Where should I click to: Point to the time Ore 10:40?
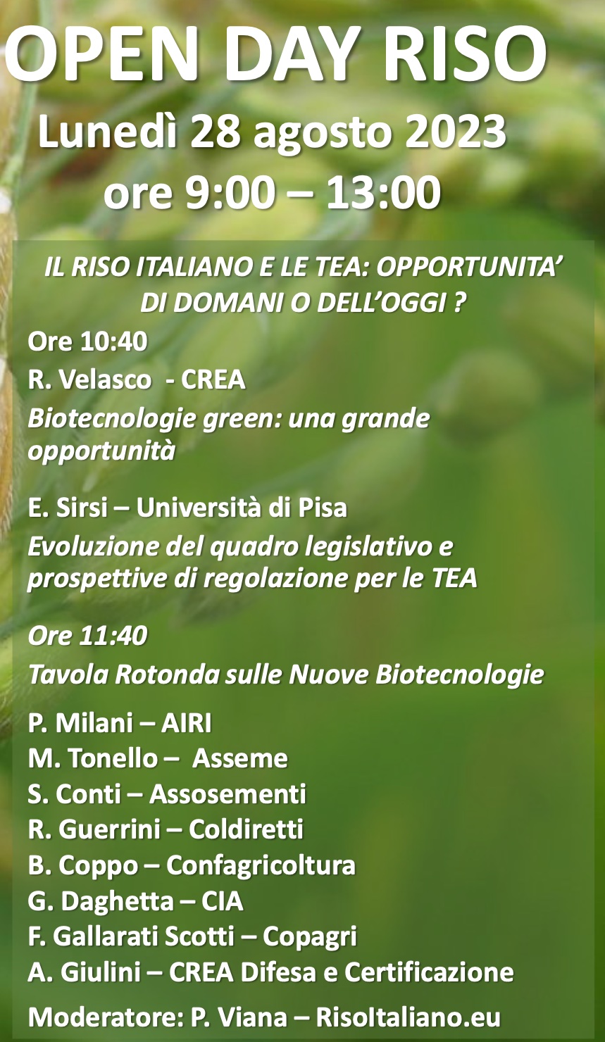click(87, 341)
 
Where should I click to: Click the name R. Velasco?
click(90, 380)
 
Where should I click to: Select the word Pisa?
click(323, 508)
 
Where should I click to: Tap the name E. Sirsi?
click(68, 508)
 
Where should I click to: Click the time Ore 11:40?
click(87, 636)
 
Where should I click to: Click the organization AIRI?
click(186, 723)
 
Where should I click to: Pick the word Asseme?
click(240, 759)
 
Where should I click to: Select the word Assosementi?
click(228, 794)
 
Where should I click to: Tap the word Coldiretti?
click(247, 829)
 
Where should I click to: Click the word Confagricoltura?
click(261, 865)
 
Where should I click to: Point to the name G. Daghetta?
click(101, 901)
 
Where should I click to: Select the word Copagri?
click(309, 936)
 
